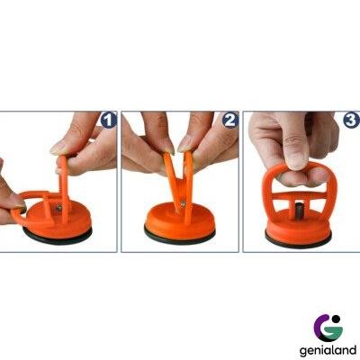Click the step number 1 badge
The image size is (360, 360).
point(108,121)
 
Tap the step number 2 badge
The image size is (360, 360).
point(230,121)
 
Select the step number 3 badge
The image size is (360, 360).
point(351,121)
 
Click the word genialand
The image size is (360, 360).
point(328,349)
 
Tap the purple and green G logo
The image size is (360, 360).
point(328,328)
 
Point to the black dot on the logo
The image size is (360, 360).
point(336,319)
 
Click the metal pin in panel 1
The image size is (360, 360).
point(59,208)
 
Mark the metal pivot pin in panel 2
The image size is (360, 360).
point(182,204)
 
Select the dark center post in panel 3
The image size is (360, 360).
point(298,209)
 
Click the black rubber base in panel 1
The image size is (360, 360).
point(58,235)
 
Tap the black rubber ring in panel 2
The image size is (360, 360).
point(180,236)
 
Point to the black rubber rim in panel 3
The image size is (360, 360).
point(299,240)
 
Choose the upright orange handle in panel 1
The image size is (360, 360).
point(64,186)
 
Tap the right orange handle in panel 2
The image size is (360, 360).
point(188,186)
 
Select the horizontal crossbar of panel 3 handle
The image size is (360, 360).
point(298,195)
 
